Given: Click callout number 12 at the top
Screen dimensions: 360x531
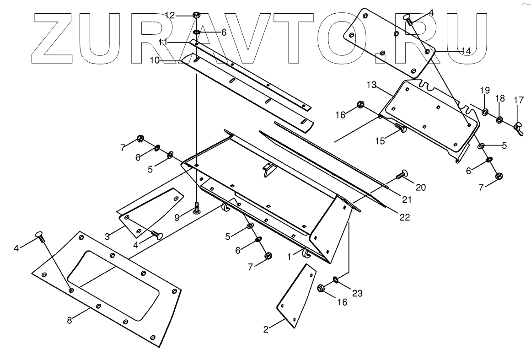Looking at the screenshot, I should click(x=170, y=16).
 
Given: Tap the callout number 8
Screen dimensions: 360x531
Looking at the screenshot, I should click(x=70, y=321).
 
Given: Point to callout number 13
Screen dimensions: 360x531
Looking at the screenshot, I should click(x=371, y=85).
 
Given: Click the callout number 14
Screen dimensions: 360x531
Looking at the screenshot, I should click(x=466, y=51).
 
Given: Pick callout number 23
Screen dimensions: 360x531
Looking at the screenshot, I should click(x=357, y=294).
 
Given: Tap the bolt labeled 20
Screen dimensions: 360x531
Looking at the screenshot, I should click(x=402, y=174).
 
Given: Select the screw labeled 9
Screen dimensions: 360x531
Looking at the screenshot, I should click(x=197, y=209).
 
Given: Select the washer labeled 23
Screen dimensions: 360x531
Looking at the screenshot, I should click(x=336, y=279).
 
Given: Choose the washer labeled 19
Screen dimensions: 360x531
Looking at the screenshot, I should click(x=485, y=111).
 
